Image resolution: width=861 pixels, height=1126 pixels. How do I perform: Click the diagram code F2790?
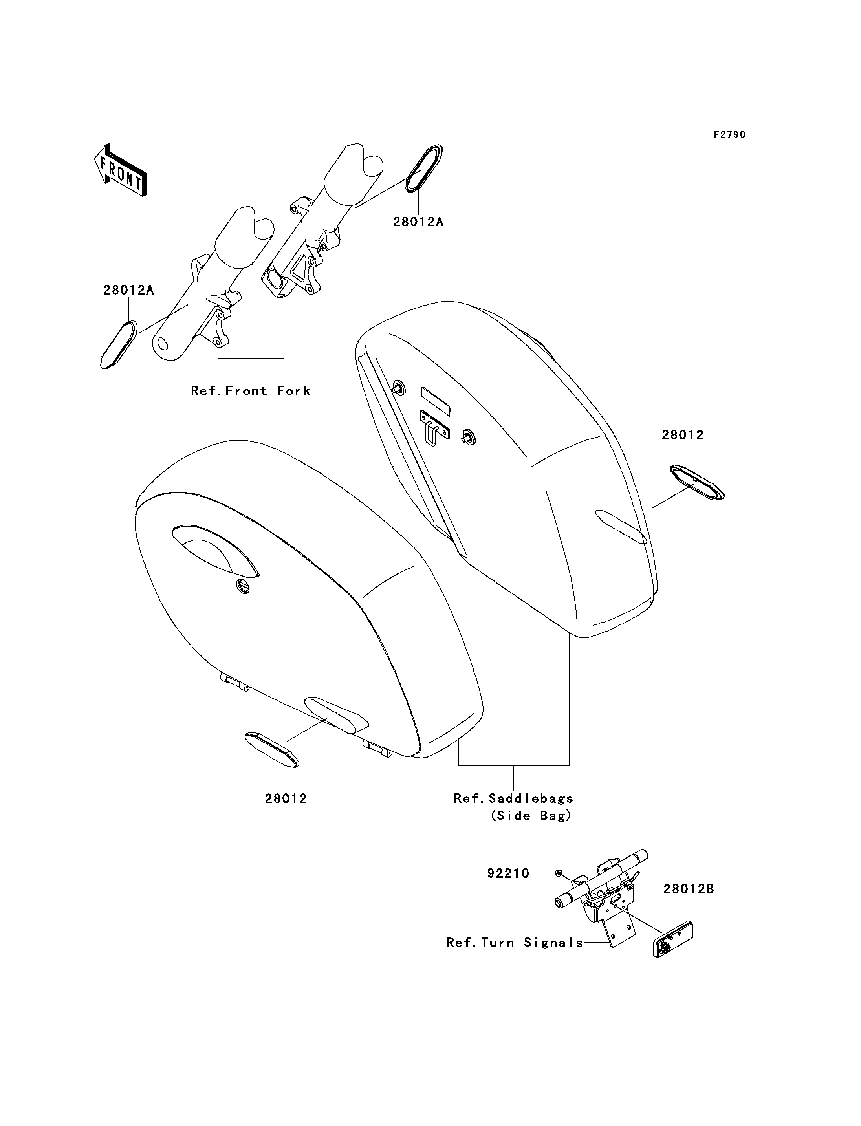tap(730, 135)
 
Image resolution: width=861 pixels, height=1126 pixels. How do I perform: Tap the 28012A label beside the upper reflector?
tap(418, 222)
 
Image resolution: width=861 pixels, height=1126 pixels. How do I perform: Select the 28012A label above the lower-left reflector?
tap(128, 290)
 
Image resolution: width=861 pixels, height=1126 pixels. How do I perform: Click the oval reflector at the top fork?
tap(424, 168)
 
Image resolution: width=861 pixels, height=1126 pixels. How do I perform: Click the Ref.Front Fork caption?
tap(251, 391)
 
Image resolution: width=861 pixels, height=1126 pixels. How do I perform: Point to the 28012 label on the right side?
tap(683, 435)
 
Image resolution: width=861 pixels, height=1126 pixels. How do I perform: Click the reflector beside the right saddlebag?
tap(697, 482)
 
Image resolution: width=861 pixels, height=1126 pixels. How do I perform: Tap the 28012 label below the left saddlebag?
tap(286, 798)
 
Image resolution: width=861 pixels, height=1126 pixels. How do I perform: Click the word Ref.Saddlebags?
tap(513, 798)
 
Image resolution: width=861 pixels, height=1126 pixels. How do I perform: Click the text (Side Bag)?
tap(531, 815)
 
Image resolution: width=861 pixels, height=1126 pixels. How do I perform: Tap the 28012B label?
tap(688, 889)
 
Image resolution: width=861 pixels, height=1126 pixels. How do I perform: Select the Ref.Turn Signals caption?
tap(515, 943)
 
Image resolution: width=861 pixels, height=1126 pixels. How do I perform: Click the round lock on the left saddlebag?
tap(244, 586)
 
